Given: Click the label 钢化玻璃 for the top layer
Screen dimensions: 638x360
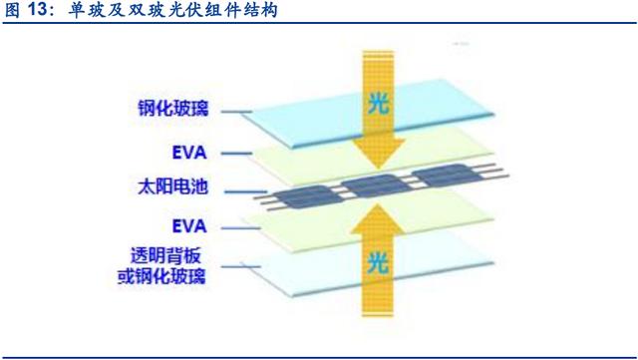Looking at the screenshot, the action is [x=172, y=109].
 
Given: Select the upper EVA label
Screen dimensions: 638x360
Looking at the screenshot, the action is [x=189, y=154].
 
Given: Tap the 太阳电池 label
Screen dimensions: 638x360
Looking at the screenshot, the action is [x=172, y=186].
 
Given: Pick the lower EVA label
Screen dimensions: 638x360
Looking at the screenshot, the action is [x=189, y=226].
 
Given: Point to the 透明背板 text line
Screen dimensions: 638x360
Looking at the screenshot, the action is [x=165, y=255].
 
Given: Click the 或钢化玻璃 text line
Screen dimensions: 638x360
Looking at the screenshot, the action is [x=161, y=276].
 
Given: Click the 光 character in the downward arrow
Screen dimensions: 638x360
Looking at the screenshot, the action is [x=378, y=105].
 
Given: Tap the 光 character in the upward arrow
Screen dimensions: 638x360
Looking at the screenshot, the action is [x=378, y=263].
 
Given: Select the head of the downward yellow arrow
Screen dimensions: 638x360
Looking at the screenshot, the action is [x=379, y=154].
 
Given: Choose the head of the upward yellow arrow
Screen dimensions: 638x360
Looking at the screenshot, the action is [x=378, y=220].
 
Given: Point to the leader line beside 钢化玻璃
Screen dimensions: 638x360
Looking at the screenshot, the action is [x=237, y=111].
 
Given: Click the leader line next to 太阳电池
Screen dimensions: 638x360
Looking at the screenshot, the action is [x=245, y=191].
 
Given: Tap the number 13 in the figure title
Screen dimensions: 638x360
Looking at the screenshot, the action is [x=38, y=9].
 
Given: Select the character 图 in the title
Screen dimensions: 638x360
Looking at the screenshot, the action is [x=12, y=10].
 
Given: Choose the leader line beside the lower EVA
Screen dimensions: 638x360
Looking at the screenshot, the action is [x=240, y=228].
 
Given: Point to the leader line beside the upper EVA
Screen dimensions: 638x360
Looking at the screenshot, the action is [x=237, y=154].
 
